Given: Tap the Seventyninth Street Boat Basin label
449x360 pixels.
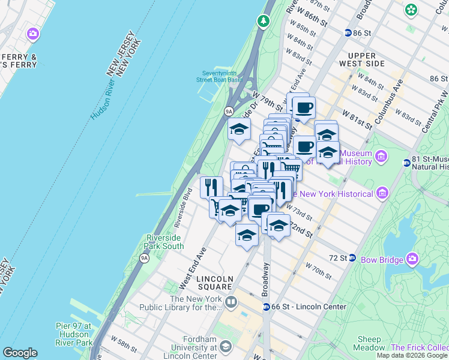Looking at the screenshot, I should (x=222, y=76).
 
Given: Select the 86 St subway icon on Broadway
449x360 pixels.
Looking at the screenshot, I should (x=348, y=33).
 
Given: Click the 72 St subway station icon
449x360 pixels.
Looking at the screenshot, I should (x=352, y=258).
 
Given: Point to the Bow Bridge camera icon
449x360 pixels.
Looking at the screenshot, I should (x=412, y=258).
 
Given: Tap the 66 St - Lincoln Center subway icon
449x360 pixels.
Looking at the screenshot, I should (x=266, y=307).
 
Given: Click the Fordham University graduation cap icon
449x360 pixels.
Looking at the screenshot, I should (x=225, y=347).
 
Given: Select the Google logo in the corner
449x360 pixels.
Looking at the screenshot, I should (x=20, y=353).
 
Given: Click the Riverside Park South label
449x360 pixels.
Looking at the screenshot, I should (x=165, y=242).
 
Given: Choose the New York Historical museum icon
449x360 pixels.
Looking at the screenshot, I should (x=381, y=194).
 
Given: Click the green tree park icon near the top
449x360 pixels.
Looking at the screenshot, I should (x=263, y=22).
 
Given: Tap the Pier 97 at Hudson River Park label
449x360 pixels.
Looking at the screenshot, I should (x=74, y=334).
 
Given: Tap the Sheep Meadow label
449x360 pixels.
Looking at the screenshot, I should (x=371, y=343).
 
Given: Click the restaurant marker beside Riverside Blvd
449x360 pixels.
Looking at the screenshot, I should (x=211, y=187).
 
